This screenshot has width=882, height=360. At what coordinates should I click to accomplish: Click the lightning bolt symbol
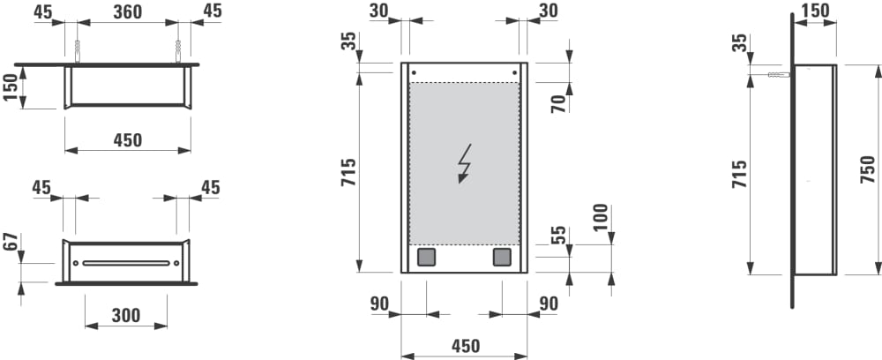coord(464,163)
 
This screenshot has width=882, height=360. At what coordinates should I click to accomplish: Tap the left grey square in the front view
coord(426,258)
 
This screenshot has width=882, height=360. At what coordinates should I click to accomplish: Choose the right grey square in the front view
coord(502,258)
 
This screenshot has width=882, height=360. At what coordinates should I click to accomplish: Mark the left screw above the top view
coord(78,49)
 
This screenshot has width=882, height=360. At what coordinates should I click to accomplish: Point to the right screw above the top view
coord(179,49)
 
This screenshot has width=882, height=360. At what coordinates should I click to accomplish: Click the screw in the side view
coord(776,77)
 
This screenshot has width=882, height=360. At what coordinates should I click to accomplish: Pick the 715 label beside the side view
coord(739,175)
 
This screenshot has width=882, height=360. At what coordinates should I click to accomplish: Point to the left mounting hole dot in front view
coord(415,72)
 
